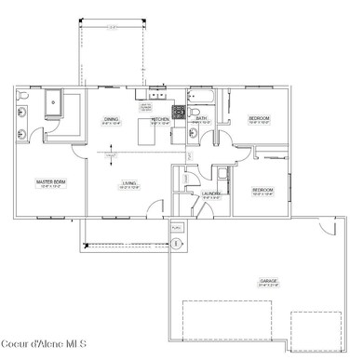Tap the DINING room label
[x=110, y=120]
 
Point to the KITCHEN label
[x=160, y=120]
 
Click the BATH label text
[x=201, y=118]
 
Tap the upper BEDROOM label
[x=259, y=119]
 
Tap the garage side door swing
[x=327, y=226]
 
